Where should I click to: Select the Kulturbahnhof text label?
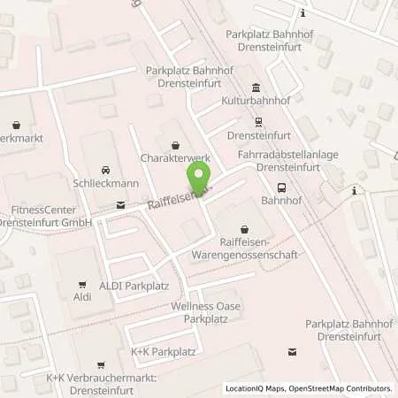coord(256,102)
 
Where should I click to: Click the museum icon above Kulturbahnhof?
coord(256,88)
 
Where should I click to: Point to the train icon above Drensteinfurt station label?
coord(257,123)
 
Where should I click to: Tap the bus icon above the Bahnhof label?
coord(281,187)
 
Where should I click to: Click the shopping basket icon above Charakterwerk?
coord(175,144)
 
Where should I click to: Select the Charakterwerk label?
coord(175,158)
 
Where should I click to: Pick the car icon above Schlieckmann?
coord(105,168)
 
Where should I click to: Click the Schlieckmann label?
coord(105,182)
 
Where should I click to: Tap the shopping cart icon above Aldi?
coord(82,284)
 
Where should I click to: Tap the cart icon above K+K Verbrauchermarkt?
coord(100,364)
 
